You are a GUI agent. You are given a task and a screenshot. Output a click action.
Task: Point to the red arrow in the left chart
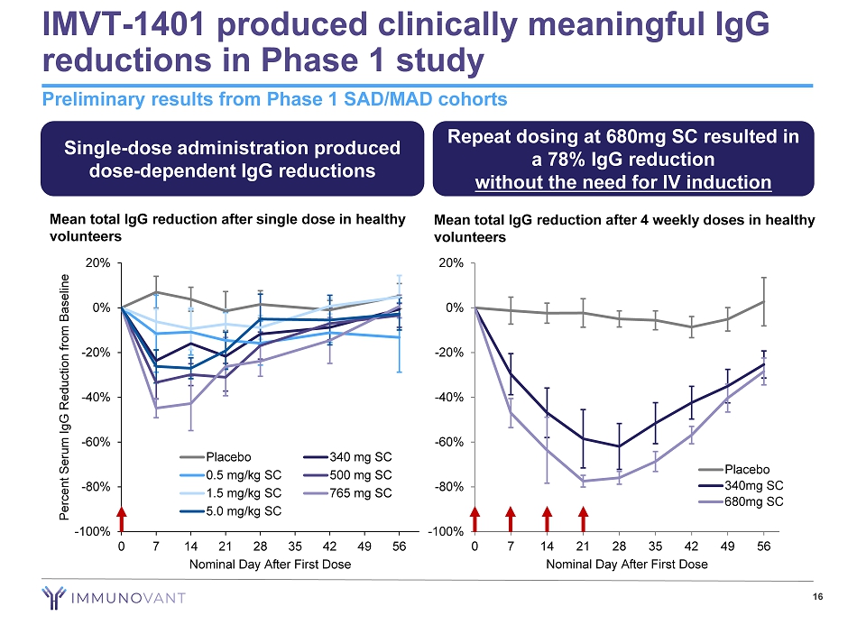pyautogui.click(x=122, y=520)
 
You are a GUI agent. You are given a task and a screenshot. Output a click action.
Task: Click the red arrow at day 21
pyautogui.click(x=583, y=520)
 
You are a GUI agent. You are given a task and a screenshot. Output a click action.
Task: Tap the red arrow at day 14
pyautogui.click(x=547, y=520)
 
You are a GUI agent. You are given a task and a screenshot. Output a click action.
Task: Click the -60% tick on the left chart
pyautogui.click(x=98, y=442)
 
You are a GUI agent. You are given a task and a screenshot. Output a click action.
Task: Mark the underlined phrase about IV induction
pyautogui.click(x=623, y=182)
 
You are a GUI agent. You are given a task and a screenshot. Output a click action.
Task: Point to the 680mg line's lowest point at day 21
pyautogui.click(x=583, y=482)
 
